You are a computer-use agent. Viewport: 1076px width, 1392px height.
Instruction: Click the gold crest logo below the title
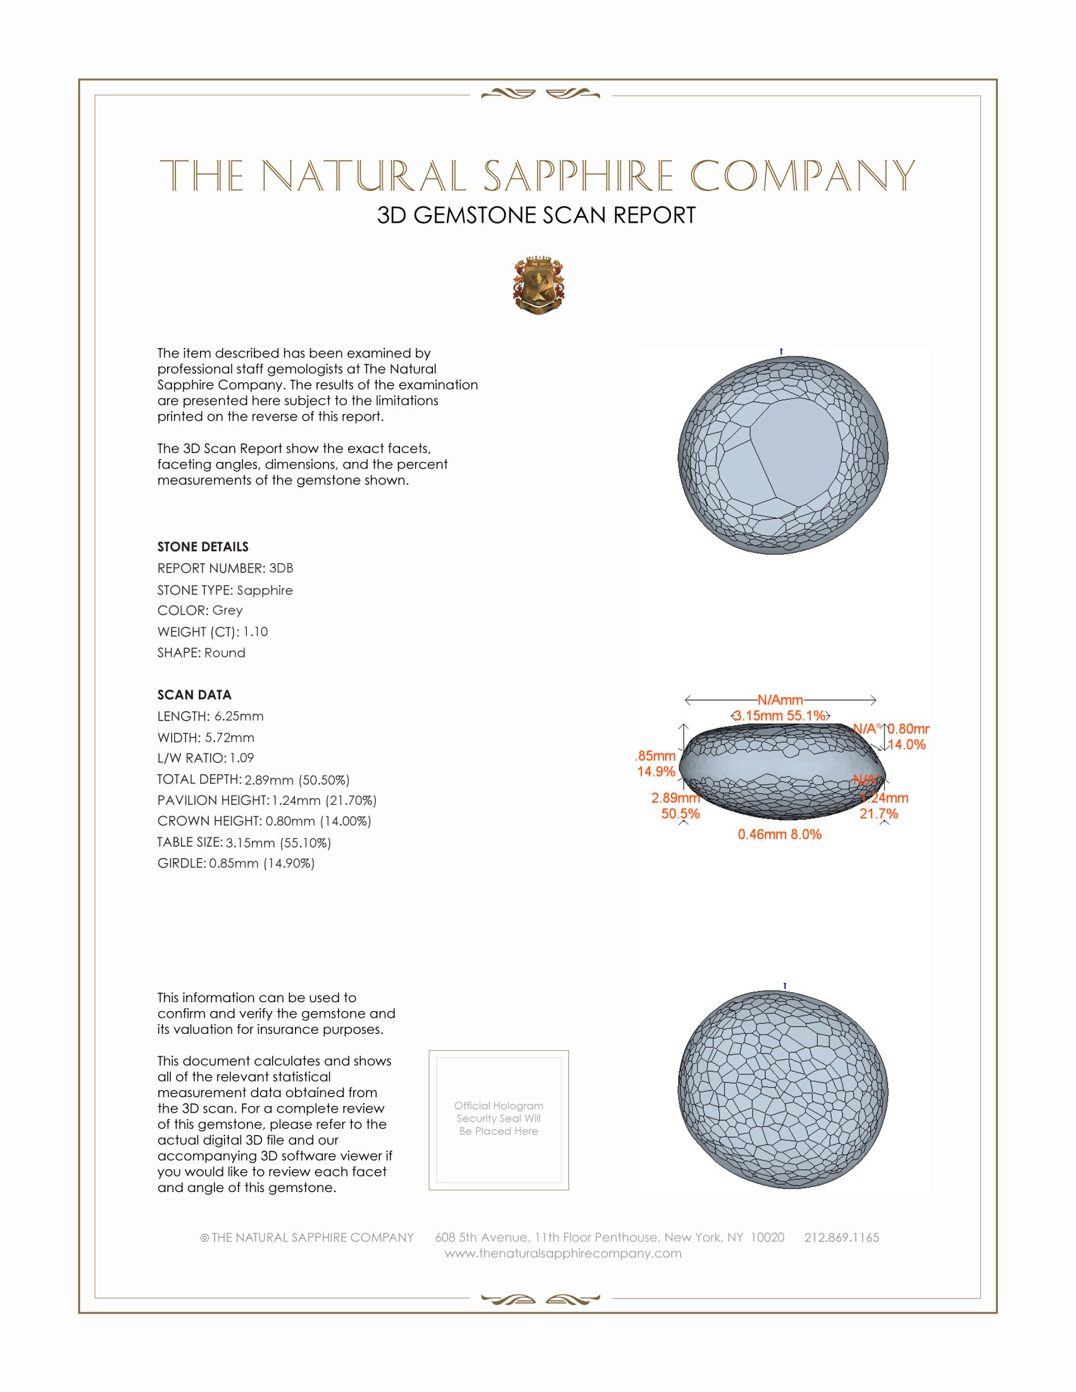click(x=539, y=285)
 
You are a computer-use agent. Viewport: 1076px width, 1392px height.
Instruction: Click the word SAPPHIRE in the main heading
click(x=578, y=176)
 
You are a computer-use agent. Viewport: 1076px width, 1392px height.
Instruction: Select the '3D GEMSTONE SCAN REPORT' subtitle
click(x=536, y=215)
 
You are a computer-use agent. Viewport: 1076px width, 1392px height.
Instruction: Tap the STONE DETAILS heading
click(x=203, y=547)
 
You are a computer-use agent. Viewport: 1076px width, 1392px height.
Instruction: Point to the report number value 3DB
click(x=281, y=568)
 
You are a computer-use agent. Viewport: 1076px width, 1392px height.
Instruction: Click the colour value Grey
click(x=228, y=611)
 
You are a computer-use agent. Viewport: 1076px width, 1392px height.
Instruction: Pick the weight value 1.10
click(x=255, y=631)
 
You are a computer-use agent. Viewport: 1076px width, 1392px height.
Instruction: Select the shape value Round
click(x=225, y=653)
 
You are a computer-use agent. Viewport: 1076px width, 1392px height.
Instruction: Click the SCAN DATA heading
click(x=194, y=695)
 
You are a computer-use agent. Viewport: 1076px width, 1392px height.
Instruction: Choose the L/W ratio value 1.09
click(x=242, y=758)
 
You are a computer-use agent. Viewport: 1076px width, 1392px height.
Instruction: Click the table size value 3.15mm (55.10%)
click(x=278, y=843)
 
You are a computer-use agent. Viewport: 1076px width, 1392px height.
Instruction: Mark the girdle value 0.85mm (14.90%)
click(x=261, y=864)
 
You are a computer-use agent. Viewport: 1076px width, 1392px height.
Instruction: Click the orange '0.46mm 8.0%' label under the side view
click(x=780, y=835)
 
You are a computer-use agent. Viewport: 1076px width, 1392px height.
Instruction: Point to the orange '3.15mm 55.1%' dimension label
click(x=780, y=716)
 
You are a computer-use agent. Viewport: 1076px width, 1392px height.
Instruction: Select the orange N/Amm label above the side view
click(x=780, y=700)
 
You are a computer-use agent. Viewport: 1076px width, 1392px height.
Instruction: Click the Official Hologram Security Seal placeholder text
click(x=499, y=1118)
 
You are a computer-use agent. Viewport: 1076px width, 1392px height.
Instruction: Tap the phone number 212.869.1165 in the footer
click(x=841, y=1237)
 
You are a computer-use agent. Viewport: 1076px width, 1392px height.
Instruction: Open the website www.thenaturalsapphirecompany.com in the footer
click(x=563, y=1253)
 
